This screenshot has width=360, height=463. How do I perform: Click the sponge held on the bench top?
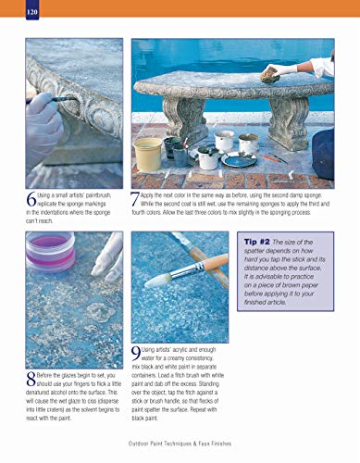(x=270, y=72)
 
